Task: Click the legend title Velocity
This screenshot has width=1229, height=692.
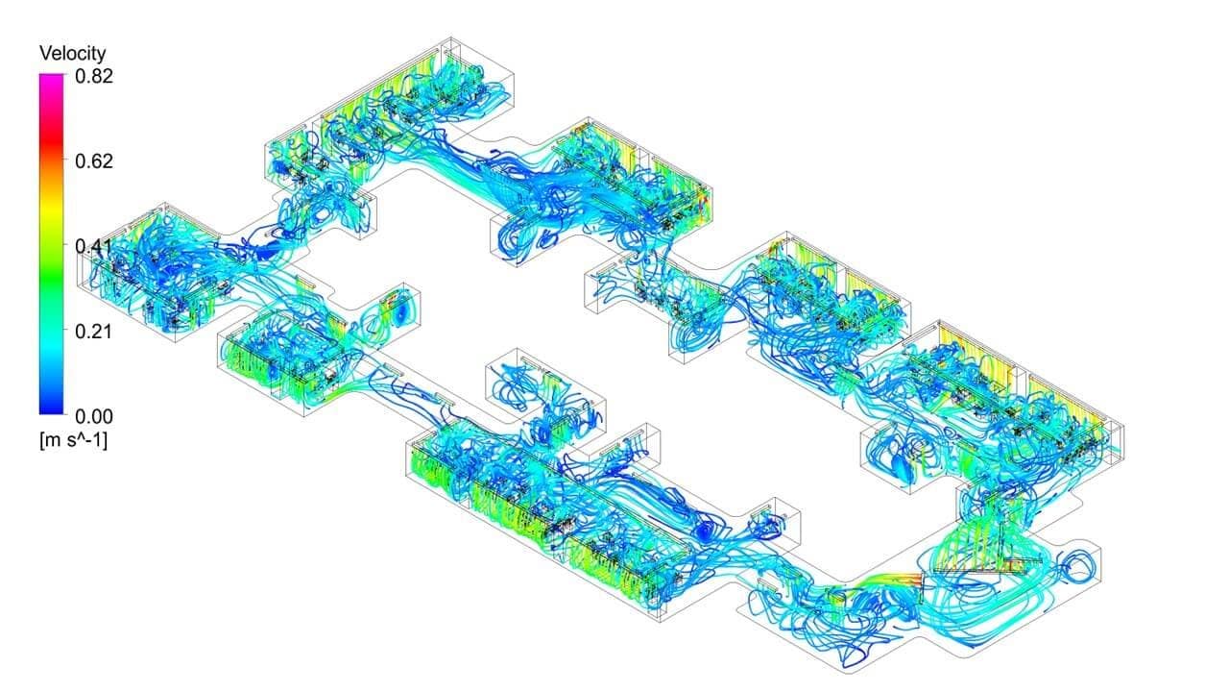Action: pyautogui.click(x=72, y=53)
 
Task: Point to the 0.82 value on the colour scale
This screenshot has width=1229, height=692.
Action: pyautogui.click(x=94, y=76)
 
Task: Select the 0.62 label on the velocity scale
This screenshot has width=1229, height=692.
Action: pyautogui.click(x=94, y=161)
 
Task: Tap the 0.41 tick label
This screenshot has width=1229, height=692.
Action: pyautogui.click(x=94, y=246)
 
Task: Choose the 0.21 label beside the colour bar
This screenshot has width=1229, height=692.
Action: pyautogui.click(x=94, y=332)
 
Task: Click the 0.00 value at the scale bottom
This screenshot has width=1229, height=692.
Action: pyautogui.click(x=94, y=416)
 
